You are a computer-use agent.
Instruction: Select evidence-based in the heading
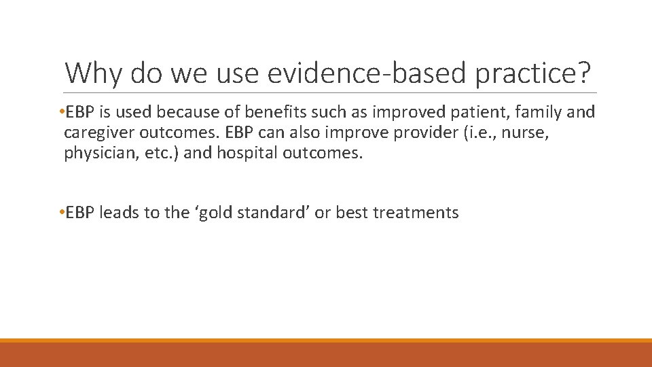350,72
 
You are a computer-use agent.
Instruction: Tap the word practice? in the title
531,72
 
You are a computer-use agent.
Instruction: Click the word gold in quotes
196,213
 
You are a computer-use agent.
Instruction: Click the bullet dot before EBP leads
61,213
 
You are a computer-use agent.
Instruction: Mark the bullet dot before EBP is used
61,111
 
